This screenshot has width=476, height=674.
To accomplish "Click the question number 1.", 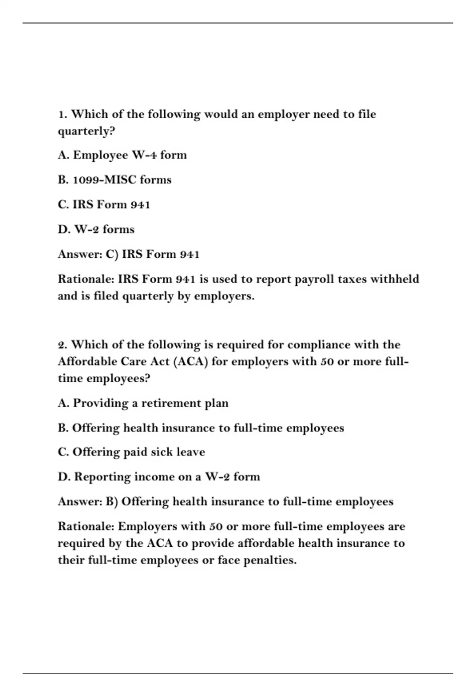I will pyautogui.click(x=62, y=115).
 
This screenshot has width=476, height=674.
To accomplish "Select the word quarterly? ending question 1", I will pyautogui.click(x=86, y=131).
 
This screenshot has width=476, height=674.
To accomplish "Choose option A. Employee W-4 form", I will pyautogui.click(x=122, y=155).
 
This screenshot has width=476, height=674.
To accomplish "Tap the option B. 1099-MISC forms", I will pyautogui.click(x=115, y=180).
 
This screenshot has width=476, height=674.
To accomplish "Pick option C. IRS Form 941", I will pyautogui.click(x=104, y=205).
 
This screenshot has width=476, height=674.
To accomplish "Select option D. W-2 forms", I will pyautogui.click(x=96, y=230).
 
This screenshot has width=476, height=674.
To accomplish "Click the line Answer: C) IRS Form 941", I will pyautogui.click(x=129, y=254).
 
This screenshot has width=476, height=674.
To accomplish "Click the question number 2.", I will pyautogui.click(x=62, y=345).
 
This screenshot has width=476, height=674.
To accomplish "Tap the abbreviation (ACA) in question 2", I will pyautogui.click(x=191, y=362).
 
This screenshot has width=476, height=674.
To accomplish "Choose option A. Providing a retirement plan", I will pyautogui.click(x=143, y=403).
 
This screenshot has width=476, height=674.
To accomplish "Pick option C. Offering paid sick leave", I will pyautogui.click(x=131, y=452).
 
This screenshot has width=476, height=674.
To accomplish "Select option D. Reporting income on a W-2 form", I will pyautogui.click(x=159, y=477).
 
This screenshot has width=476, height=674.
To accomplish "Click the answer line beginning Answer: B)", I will pyautogui.click(x=226, y=502).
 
